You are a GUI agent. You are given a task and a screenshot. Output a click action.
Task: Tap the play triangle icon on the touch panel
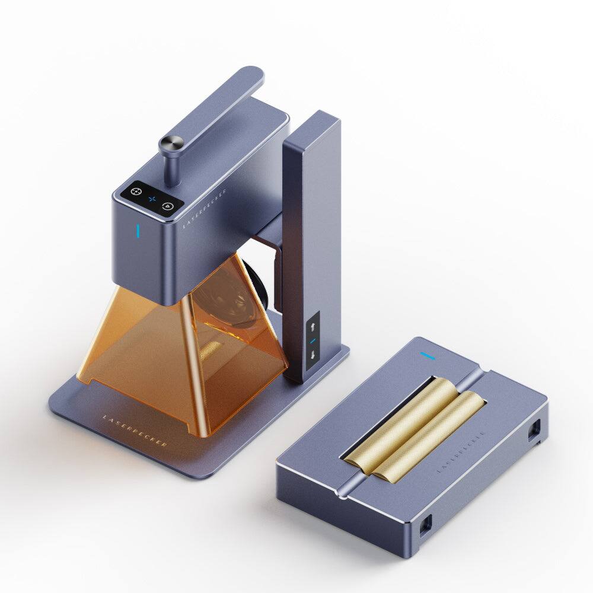click(x=168, y=206)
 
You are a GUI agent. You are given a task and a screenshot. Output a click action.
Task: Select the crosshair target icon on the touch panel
click(x=136, y=192)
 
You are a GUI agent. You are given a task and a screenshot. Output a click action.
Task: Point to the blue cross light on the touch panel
click(x=152, y=199)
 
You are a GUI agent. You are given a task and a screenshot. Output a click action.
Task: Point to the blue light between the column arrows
click(x=313, y=341)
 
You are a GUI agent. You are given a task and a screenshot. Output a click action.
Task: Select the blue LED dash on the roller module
click(x=428, y=356)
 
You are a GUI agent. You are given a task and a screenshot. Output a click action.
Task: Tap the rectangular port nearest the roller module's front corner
click(x=425, y=524)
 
